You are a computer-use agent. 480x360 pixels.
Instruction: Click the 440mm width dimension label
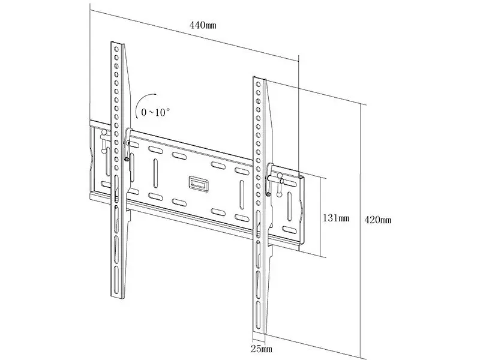click(203, 25)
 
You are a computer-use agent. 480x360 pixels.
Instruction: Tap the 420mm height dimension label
click(378, 220)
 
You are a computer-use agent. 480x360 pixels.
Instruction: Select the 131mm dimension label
click(336, 218)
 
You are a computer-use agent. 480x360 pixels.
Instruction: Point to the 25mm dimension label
click(262, 349)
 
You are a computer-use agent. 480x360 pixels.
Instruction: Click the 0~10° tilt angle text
click(155, 112)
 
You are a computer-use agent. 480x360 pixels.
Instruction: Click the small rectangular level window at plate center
click(199, 184)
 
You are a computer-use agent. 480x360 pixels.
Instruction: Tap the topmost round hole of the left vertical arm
click(116, 49)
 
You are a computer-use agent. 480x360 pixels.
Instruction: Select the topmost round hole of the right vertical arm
click(259, 84)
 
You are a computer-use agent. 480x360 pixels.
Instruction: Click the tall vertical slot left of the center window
click(155, 173)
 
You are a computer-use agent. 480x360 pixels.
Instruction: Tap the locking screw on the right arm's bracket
click(268, 194)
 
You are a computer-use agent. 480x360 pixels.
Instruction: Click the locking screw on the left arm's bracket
click(126, 159)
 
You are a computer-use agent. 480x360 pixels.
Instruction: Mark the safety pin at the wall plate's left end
click(104, 141)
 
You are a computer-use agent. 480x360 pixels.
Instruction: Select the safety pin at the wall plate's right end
click(280, 185)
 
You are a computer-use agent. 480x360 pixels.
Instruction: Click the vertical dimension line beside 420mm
click(361, 231)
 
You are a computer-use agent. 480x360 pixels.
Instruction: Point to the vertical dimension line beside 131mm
click(320, 217)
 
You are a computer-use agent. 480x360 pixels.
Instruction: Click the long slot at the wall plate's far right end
click(290, 206)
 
